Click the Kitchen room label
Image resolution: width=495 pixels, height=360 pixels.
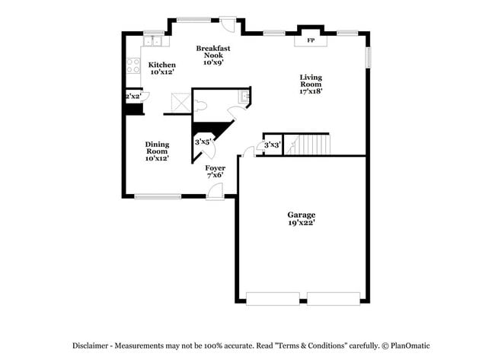pyautogui.click(x=161, y=68)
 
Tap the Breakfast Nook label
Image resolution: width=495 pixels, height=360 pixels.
pyautogui.click(x=212, y=55)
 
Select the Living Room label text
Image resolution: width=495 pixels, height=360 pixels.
pyautogui.click(x=310, y=83)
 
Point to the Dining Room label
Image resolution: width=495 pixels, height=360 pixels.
pyautogui.click(x=157, y=151)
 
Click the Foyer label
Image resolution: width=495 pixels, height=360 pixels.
pyautogui.click(x=215, y=170)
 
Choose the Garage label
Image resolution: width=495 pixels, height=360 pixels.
pyautogui.click(x=301, y=218)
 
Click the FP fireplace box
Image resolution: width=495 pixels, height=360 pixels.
pyautogui.click(x=311, y=40)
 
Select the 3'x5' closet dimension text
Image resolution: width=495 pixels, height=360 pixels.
pyautogui.click(x=203, y=142)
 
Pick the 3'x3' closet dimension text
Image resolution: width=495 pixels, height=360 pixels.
pyautogui.click(x=272, y=145)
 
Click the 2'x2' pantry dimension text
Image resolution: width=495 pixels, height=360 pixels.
pyautogui.click(x=133, y=97)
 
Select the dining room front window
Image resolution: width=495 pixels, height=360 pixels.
pyautogui.click(x=158, y=197)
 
